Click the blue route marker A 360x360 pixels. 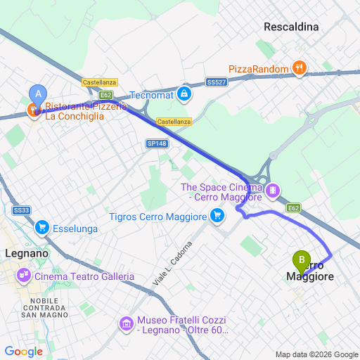(38, 93)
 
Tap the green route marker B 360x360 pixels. (302, 260)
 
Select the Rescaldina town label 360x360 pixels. (291, 27)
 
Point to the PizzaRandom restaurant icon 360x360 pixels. (300, 68)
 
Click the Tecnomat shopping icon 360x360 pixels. (184, 93)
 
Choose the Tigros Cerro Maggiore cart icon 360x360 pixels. (217, 216)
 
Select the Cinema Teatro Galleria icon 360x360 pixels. (25, 275)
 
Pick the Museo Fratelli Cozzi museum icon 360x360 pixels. (127, 324)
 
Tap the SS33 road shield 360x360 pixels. (21, 210)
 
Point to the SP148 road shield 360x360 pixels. (156, 143)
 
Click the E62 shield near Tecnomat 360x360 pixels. (106, 94)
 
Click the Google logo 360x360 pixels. (23, 352)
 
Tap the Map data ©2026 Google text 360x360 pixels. (316, 354)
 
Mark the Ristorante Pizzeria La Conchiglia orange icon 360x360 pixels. (32, 110)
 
